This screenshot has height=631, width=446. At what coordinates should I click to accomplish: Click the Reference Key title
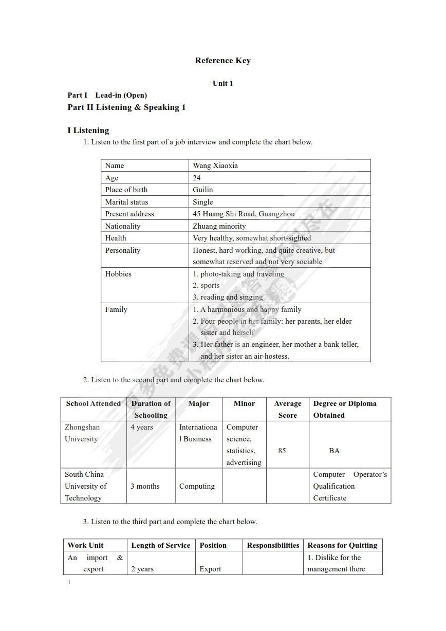pyautogui.click(x=222, y=61)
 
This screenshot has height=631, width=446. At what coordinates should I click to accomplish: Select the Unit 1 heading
pyautogui.click(x=222, y=83)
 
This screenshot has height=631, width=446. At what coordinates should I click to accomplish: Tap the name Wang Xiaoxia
pyautogui.click(x=215, y=165)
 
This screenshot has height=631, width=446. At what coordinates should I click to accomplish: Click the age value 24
pyautogui.click(x=197, y=178)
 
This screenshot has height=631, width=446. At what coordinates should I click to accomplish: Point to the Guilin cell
pyautogui.click(x=202, y=190)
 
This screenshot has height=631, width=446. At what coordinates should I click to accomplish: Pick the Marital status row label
pyautogui.click(x=126, y=202)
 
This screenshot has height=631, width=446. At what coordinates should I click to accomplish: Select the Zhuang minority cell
pyautogui.click(x=219, y=226)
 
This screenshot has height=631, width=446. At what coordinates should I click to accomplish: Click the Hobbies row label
pyautogui.click(x=118, y=274)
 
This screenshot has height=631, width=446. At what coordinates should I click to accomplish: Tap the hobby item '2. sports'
pyautogui.click(x=206, y=285)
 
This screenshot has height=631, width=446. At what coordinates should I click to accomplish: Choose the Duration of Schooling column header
pyautogui.click(x=151, y=409)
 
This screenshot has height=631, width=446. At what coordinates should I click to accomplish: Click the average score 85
pyautogui.click(x=282, y=451)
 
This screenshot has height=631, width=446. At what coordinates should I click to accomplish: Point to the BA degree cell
pyautogui.click(x=334, y=451)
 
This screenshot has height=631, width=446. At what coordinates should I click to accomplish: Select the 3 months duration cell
pyautogui.click(x=145, y=486)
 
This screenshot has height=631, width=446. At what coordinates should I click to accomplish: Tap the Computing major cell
pyautogui.click(x=197, y=486)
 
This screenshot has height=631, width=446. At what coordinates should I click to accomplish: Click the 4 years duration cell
pyautogui.click(x=141, y=427)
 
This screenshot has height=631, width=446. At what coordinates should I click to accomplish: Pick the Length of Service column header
pyautogui.click(x=160, y=545)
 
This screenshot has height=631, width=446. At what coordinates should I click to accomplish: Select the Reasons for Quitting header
pyautogui.click(x=342, y=545)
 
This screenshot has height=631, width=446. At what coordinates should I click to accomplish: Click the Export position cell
pyautogui.click(x=210, y=569)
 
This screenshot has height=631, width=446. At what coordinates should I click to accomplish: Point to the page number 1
pyautogui.click(x=69, y=582)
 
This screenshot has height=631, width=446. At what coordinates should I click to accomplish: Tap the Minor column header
pyautogui.click(x=244, y=403)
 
